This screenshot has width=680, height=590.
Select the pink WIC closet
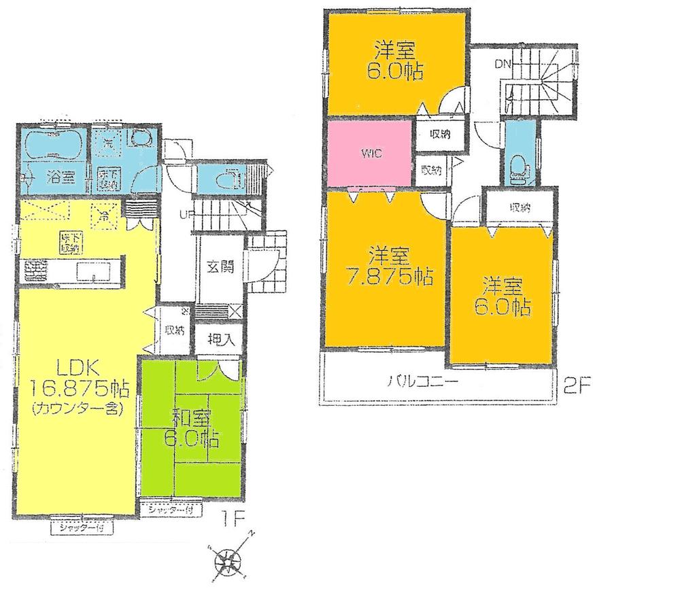(371, 154)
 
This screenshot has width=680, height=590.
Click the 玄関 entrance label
(219, 267)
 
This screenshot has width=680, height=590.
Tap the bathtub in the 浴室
(52, 144)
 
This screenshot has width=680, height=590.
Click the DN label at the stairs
(502, 65)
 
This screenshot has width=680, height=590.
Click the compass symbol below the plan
(228, 561)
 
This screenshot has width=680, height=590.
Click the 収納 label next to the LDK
(175, 330)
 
